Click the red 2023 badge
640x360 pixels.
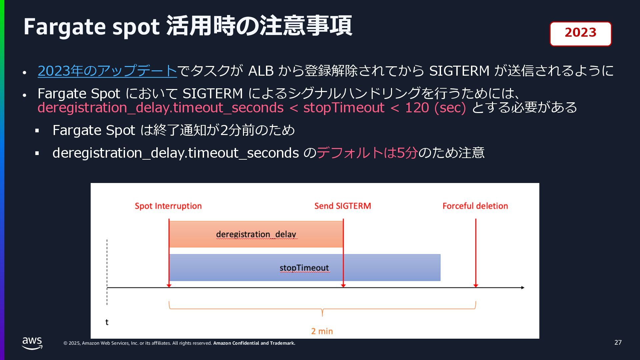[580, 34]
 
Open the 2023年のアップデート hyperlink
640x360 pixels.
[107, 71]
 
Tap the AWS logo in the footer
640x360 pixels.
[32, 343]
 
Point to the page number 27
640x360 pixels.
[618, 343]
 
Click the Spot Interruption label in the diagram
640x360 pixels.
[168, 206]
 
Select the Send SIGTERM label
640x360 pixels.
[343, 206]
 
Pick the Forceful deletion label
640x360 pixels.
[475, 206]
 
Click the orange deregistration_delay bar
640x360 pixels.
[256, 234]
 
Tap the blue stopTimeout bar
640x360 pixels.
[304, 268]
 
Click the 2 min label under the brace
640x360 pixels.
[322, 331]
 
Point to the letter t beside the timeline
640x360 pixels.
[107, 322]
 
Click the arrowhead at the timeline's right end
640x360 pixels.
[522, 287]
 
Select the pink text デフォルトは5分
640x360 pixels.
[367, 153]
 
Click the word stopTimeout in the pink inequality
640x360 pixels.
[344, 108]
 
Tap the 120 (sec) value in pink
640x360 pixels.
[435, 108]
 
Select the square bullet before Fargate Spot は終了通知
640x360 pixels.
[37, 131]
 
